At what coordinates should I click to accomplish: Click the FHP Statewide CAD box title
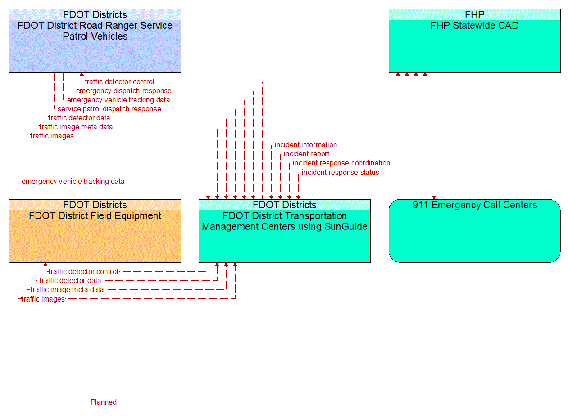point(474,26)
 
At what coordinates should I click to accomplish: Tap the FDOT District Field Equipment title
point(95,216)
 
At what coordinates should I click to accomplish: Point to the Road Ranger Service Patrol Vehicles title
point(95,31)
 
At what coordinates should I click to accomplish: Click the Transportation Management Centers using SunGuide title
point(285,221)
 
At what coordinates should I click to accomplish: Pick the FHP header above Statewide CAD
point(474,14)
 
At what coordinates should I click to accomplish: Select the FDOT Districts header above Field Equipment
point(95,205)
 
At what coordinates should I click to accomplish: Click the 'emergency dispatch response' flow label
point(123,91)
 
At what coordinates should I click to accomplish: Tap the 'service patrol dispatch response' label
point(109,109)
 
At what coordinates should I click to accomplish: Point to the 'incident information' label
point(305,145)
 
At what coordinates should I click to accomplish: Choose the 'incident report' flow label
point(306,154)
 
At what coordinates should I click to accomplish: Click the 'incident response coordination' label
point(341,163)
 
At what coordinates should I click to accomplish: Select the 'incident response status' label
point(340,173)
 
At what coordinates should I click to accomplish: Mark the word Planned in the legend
point(103,402)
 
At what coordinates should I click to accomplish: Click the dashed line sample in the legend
point(45,402)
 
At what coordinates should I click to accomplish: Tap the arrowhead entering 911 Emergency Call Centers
point(434,197)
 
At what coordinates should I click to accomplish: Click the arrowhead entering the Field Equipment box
point(45,265)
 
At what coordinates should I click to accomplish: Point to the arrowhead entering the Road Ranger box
point(82,75)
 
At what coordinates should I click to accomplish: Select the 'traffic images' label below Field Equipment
point(43,299)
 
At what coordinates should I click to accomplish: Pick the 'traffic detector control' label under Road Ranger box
point(119,82)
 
